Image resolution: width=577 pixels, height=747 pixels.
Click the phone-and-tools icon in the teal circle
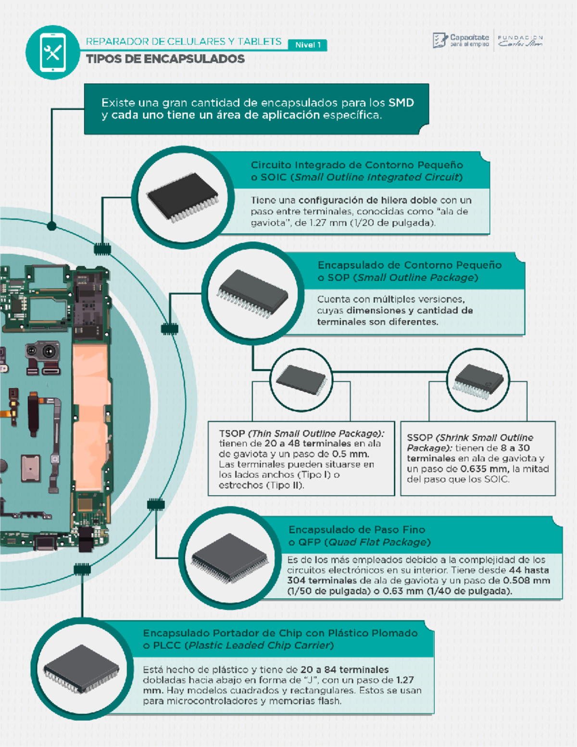coord(52,52)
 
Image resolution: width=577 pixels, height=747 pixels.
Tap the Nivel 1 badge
coord(308,45)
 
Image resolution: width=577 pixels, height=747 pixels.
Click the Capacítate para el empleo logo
coord(461,40)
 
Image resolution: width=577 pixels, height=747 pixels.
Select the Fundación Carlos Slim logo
coord(520,41)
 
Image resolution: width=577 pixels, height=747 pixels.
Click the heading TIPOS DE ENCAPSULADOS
coord(165,59)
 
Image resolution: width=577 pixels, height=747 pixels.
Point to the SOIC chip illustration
coord(183,197)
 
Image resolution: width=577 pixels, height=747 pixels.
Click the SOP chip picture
coord(253,293)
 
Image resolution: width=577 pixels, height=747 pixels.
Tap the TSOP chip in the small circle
coord(301,380)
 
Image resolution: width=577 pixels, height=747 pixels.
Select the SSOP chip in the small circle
coord(478,380)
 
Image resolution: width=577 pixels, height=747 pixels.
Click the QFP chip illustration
coord(229,557)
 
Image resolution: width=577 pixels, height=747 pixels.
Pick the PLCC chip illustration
coord(81,669)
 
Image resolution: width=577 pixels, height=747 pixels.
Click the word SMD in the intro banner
coord(401,102)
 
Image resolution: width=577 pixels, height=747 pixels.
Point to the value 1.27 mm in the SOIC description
coord(327,223)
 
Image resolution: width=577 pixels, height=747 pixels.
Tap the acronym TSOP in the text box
coord(232,433)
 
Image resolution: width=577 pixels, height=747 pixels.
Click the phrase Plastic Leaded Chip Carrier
coord(260,646)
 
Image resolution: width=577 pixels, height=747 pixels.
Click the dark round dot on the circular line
coord(52,226)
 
